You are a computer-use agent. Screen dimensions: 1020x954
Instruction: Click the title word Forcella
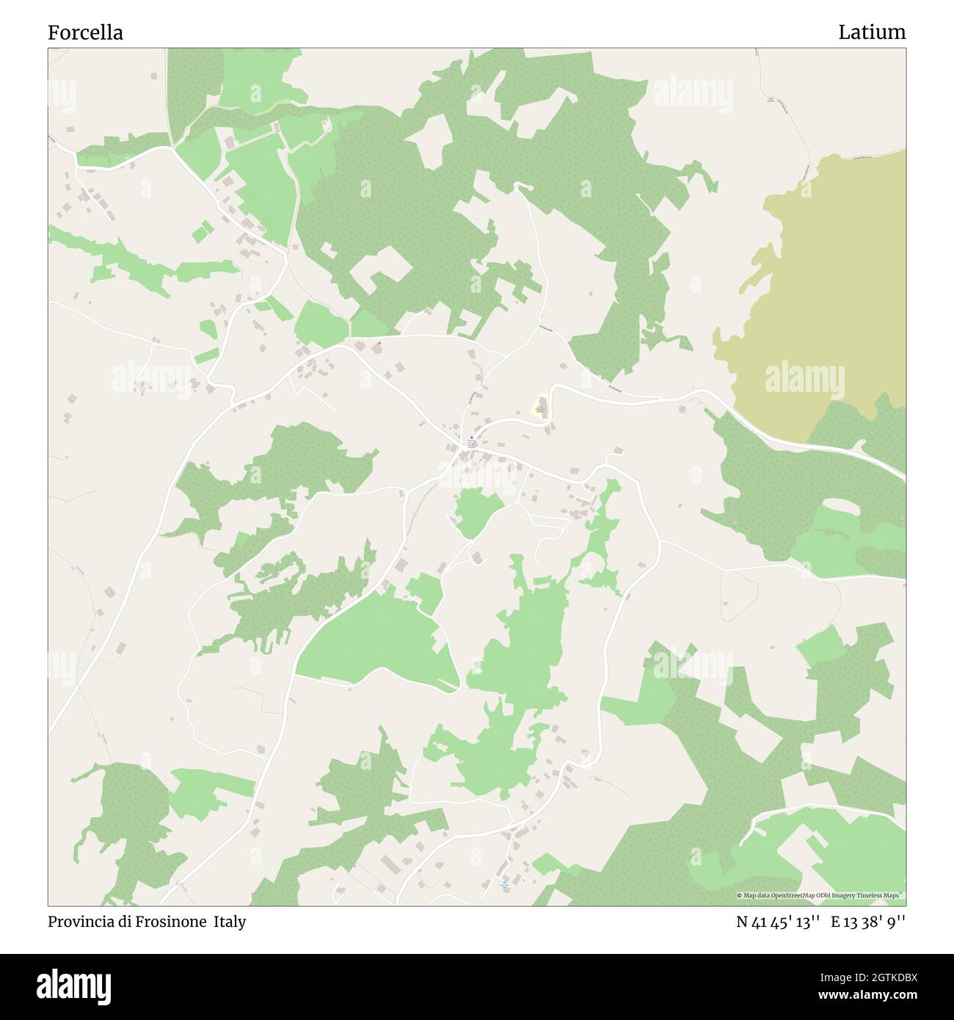[x=85, y=32]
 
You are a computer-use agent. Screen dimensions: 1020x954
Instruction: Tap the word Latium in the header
[x=872, y=32]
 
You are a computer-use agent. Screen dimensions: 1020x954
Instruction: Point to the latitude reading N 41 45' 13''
[x=777, y=922]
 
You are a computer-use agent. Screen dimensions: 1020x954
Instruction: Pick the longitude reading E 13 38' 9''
[x=868, y=922]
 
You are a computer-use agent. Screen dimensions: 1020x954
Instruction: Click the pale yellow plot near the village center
[x=541, y=405]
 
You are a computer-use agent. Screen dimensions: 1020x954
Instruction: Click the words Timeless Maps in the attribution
[x=884, y=895]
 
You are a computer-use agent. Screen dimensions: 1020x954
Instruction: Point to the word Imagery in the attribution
[x=851, y=895]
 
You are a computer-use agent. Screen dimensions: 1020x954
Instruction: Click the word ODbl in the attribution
[x=829, y=895]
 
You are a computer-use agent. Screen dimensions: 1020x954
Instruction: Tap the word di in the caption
[x=122, y=922]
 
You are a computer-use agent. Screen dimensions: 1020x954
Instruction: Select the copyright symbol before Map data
[x=740, y=895]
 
